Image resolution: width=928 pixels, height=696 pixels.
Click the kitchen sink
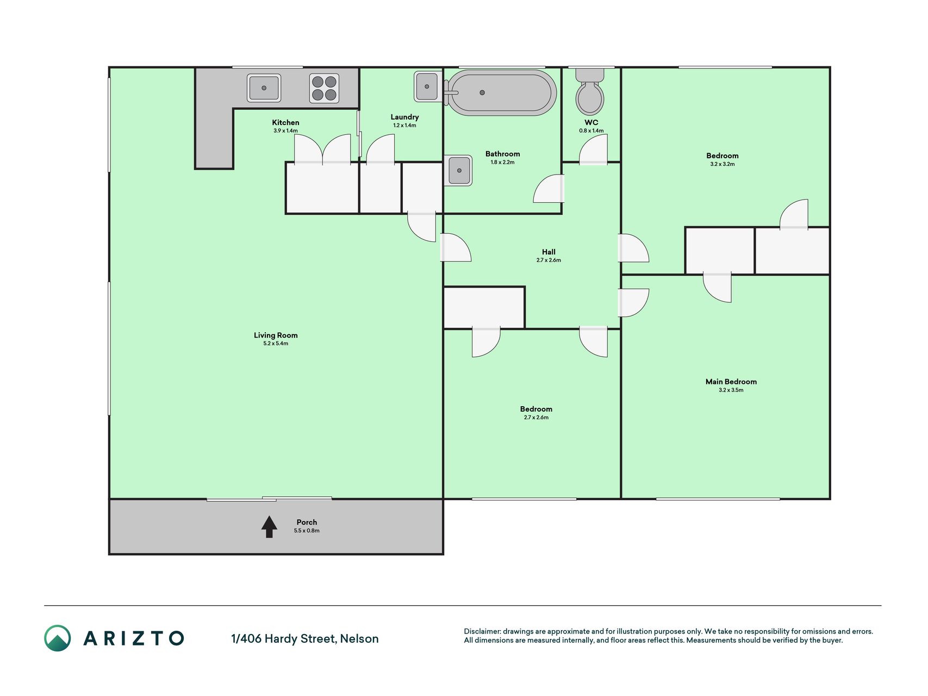point(264,88)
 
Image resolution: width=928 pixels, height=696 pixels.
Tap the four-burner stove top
point(324,88)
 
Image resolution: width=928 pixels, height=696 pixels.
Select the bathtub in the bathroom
point(501,92)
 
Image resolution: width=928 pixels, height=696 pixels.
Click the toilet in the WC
point(590,92)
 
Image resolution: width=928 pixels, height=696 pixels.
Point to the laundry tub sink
point(427,86)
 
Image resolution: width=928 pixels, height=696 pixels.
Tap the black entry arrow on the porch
point(269,526)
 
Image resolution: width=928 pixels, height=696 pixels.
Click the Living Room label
point(276,335)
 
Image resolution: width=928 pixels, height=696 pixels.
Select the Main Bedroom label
point(731,382)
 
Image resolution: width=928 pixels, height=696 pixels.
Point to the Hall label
point(549,252)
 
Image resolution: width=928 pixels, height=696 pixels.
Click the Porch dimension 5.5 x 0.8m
point(307,531)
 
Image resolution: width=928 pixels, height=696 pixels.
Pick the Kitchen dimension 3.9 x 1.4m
point(285,130)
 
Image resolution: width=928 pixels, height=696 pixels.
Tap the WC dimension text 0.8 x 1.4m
point(591,130)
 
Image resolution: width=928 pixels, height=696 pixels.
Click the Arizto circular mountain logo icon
point(58,638)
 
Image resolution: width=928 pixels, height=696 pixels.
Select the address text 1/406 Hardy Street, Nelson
point(305,639)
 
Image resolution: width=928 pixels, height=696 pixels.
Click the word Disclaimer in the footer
point(482,631)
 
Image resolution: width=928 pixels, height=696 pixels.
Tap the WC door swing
point(593,149)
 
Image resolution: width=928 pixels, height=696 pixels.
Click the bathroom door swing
point(549,188)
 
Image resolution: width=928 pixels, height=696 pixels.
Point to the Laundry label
point(404,117)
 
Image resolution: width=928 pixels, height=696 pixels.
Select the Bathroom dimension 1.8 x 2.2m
point(502,162)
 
